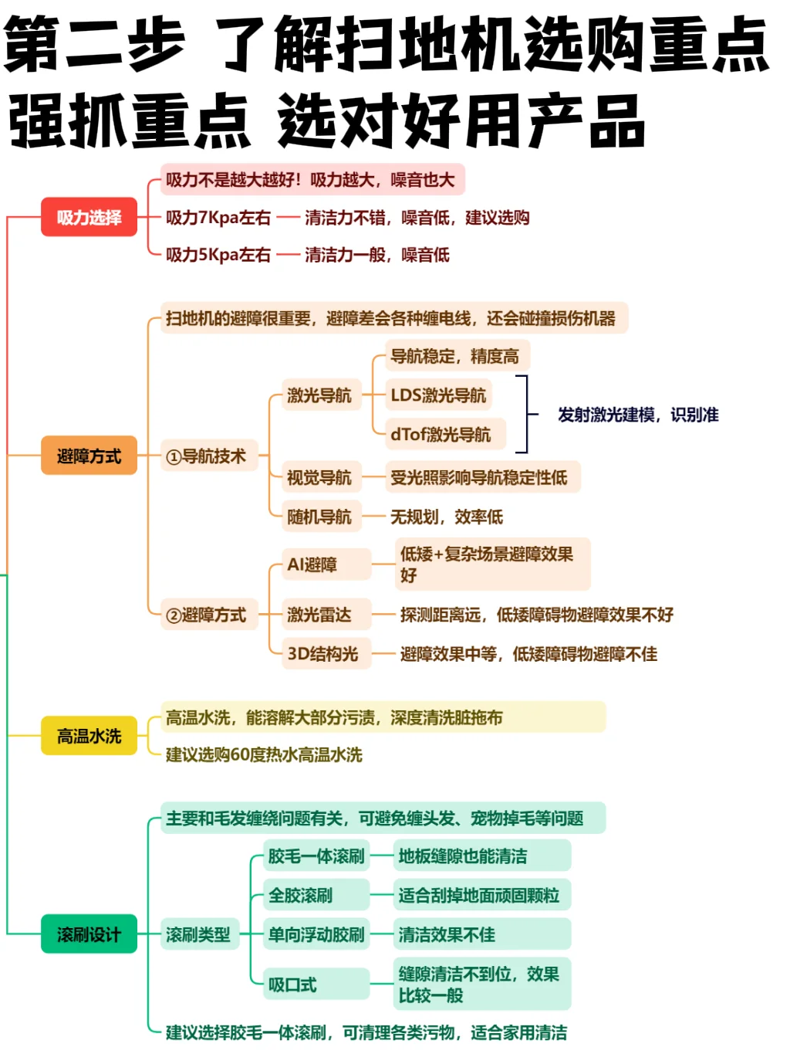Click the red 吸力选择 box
[x=89, y=218]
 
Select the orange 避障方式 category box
[x=89, y=456]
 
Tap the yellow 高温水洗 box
[x=89, y=736]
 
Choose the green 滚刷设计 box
[x=89, y=934]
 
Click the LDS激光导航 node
[x=438, y=395]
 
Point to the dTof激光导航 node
[x=441, y=435]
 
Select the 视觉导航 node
[x=319, y=478]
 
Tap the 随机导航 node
[x=319, y=517]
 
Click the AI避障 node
[x=312, y=564]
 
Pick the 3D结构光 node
[x=322, y=654]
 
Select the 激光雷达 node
[x=319, y=615]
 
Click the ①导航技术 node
[x=206, y=456]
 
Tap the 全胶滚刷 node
[x=301, y=896]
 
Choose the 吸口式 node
[x=293, y=985]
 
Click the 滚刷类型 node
[x=198, y=934]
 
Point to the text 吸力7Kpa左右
[x=218, y=218]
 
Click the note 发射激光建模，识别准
[x=638, y=415]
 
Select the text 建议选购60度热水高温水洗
[x=264, y=754]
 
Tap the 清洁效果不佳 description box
[x=447, y=934]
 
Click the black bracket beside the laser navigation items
[x=525, y=415]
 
